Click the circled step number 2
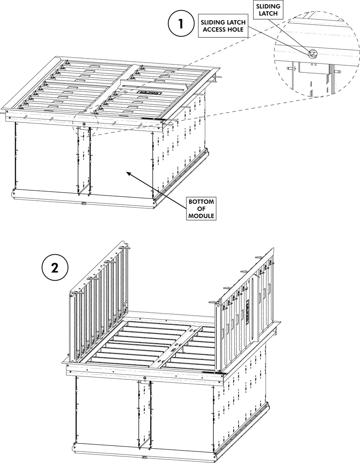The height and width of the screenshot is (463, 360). click(55, 268)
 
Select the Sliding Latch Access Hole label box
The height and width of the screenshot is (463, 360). click(223, 26)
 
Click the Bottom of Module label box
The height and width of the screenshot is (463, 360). click(201, 209)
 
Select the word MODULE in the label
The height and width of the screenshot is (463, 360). click(201, 216)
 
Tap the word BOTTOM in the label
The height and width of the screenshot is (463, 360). click(201, 202)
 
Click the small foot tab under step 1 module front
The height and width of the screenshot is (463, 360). click(83, 203)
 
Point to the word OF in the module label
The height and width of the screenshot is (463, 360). click(201, 209)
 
